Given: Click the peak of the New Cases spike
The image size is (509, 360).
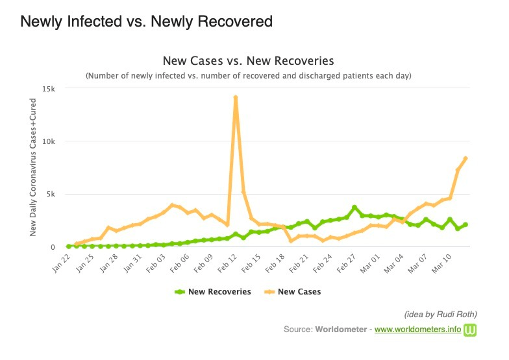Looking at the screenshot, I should click(x=235, y=97).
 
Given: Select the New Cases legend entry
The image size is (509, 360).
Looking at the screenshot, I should click(x=293, y=292).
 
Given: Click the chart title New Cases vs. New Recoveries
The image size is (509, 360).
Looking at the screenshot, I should click(x=248, y=61).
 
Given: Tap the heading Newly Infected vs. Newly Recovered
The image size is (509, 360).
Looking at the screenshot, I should click(x=146, y=21).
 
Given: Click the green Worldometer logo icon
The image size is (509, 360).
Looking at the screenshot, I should click(x=471, y=330).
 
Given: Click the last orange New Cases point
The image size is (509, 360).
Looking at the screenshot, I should click(x=466, y=158).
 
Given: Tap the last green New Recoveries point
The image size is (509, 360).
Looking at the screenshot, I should click(x=466, y=224).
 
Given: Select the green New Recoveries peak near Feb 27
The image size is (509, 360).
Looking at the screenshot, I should click(x=354, y=208).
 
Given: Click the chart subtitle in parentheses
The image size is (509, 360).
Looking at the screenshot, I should click(x=249, y=76).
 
